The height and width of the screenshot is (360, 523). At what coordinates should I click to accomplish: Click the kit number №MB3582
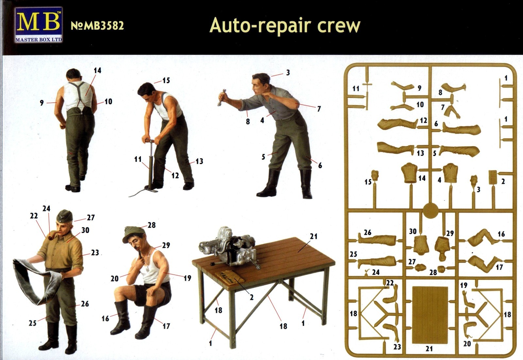[x=97, y=26]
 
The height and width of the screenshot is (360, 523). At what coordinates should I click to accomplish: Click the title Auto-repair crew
[x=285, y=26]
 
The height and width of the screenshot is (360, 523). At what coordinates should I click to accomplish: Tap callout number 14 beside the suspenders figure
[x=97, y=71]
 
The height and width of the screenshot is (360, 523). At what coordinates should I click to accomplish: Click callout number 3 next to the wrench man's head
[x=288, y=73]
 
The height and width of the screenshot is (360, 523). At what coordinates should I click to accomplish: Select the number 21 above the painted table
[x=313, y=236]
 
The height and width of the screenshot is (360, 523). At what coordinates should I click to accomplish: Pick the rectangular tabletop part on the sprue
[x=429, y=315]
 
